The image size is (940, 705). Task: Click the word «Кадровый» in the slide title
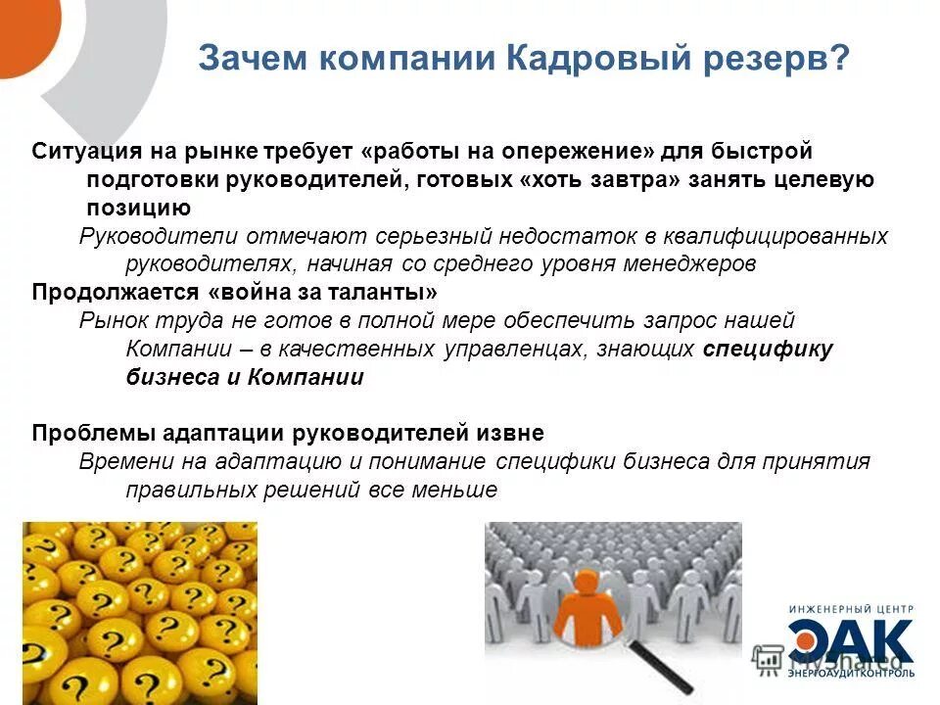578,58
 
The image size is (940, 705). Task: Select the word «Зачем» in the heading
249,58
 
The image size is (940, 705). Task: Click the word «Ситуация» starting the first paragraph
87,152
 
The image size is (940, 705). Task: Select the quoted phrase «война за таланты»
322,293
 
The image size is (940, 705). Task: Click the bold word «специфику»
768,350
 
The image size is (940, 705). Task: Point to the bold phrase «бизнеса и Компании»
245,378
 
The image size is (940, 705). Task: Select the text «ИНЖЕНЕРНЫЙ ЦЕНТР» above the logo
851,610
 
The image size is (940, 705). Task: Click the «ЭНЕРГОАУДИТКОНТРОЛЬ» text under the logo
852,674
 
